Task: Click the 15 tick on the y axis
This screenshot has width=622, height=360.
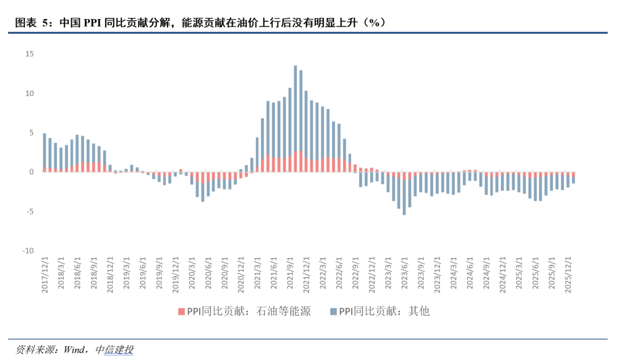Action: (x=29, y=54)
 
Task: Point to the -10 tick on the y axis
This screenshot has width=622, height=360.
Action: (x=28, y=251)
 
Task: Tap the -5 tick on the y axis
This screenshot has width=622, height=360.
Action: (x=29, y=211)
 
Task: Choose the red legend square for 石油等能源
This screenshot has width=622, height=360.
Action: (x=181, y=312)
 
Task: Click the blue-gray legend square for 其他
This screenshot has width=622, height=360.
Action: (x=333, y=312)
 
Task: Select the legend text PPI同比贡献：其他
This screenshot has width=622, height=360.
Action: (x=384, y=312)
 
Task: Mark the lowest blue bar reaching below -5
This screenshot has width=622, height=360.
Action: (x=404, y=196)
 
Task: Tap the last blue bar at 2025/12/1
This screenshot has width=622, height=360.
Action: (x=574, y=179)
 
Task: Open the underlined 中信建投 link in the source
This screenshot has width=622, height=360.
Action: (x=114, y=350)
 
